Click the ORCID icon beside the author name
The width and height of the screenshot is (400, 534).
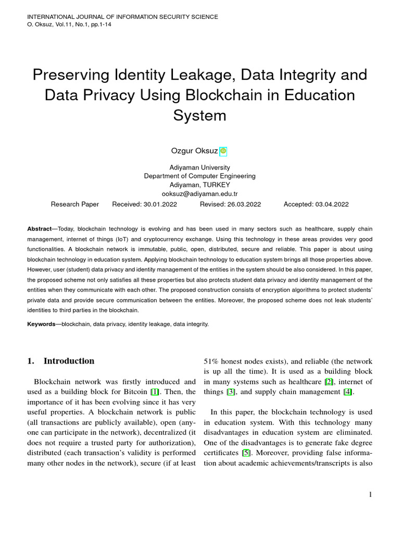(223, 151)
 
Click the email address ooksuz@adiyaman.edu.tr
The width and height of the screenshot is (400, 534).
(199, 193)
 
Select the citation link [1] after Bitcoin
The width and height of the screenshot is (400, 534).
(154, 392)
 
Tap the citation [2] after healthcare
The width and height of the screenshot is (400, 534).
(329, 382)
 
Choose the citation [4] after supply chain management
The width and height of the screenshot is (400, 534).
(347, 392)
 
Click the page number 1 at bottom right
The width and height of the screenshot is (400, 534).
(370, 495)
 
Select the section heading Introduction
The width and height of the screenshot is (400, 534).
(69, 361)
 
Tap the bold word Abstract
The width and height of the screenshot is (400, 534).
(39, 229)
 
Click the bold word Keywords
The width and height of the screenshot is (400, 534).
(41, 324)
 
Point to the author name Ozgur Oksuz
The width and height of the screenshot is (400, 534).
(193, 151)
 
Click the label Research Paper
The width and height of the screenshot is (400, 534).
(74, 204)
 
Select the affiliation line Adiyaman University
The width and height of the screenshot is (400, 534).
(199, 167)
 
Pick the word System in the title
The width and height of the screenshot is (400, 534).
(199, 115)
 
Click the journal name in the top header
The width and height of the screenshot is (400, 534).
(122, 17)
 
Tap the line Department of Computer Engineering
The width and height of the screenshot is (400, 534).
(199, 176)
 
